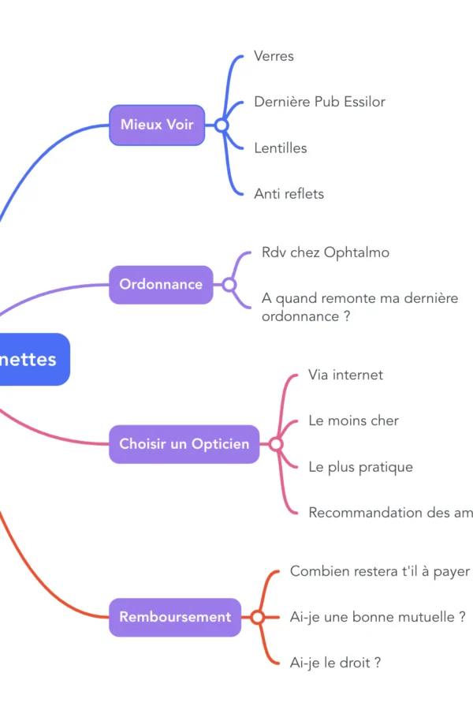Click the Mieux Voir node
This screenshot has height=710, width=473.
pos(157,125)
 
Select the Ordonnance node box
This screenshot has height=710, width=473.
pos(161,284)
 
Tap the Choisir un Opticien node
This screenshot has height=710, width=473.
pos(184,443)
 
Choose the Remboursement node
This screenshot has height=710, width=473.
pos(175,617)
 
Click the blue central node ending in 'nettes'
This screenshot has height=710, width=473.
pos(32,359)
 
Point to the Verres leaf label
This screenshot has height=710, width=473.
pos(274,56)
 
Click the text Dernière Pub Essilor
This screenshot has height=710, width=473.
pos(319,102)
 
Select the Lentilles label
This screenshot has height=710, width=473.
pos(281,148)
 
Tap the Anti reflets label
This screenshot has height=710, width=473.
pos(289,193)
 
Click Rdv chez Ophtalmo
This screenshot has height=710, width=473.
pos(325,252)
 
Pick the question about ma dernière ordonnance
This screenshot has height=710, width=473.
pos(359,307)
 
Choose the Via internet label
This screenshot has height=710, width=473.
pos(345,375)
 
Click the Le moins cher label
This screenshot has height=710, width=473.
pos(353,420)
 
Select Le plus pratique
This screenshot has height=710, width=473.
pos(360,466)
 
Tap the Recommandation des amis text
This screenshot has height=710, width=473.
pos(390,512)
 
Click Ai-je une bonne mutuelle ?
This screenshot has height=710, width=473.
pos(378,617)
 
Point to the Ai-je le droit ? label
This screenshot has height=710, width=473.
pos(335,663)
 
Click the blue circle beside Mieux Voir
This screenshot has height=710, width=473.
pos(222,125)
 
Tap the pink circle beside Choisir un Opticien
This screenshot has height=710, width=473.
pos(276,444)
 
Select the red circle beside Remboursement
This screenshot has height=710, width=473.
pos(257,617)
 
